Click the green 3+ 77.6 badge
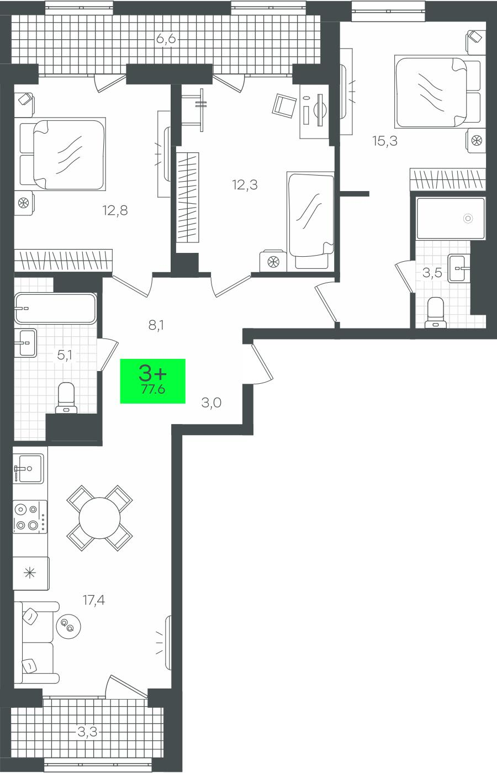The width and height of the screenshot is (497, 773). point(152,381)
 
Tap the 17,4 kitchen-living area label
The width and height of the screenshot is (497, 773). point(94,600)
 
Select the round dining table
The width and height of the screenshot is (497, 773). point(99,518)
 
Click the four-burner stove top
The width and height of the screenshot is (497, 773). point(30,517)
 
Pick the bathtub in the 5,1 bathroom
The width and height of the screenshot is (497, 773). point(55,309)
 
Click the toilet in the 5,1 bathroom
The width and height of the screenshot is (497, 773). point(67,398)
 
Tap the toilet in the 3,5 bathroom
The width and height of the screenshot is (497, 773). point(435,313)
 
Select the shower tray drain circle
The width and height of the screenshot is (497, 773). point(468,218)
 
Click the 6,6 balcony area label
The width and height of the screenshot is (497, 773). point(166,39)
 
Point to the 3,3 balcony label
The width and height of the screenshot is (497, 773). point(87,731)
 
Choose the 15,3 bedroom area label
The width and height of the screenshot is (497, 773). point(385,141)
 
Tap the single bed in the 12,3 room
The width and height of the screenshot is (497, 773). point(310,221)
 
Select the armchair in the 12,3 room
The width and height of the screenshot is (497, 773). point(284,105)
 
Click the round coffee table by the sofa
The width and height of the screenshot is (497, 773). point(68,626)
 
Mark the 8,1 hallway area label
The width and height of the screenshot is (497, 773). point(156,325)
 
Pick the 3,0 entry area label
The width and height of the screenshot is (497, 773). point(211,403)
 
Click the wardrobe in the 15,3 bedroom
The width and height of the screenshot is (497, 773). point(448,179)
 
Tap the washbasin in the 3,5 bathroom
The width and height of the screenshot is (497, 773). point(459,268)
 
